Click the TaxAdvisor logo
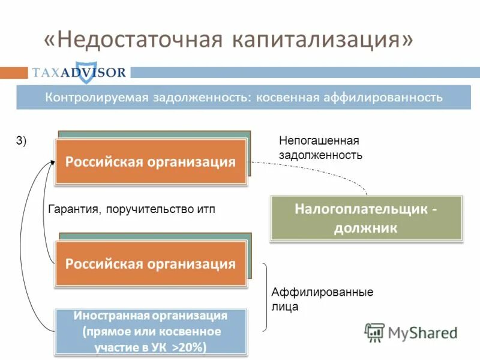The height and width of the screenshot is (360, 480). pos(79,73)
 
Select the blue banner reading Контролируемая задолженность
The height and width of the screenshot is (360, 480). pos(244,97)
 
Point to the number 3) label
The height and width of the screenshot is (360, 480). pos(21,141)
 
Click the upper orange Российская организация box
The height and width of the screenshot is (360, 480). pos(151,161)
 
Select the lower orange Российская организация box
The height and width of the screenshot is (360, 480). pos(151,263)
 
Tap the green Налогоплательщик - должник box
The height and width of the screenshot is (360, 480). pos(367,218)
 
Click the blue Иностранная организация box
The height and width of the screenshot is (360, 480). pos(151,331)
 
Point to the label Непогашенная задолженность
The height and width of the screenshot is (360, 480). pos(320,148)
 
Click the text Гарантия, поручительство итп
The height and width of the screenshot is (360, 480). pos(130,209)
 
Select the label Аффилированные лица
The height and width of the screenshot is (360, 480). pos(322,299)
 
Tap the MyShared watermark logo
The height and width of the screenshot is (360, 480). pos(411,332)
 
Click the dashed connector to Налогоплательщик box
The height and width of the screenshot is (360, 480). pos(324,172)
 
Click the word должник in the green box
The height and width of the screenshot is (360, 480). pos(367,228)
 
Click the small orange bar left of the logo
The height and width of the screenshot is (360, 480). pos(14,73)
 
